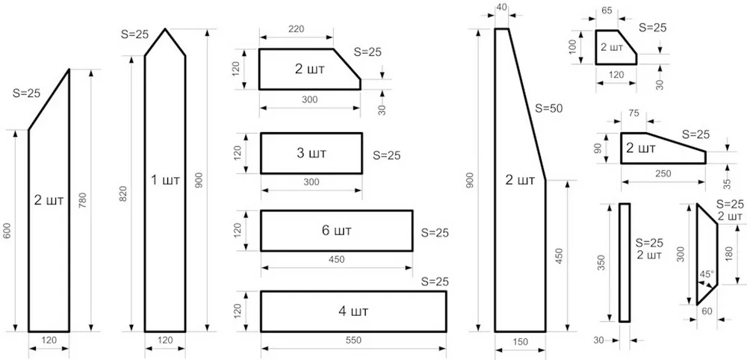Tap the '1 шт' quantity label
[165, 181]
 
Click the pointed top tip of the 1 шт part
[165, 29]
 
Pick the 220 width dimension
[296, 29]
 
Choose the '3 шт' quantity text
[311, 153]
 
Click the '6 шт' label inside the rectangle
[336, 231]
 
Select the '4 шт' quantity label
[353, 312]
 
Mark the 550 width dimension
[353, 340]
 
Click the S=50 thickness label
[548, 108]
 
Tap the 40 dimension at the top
[502, 7]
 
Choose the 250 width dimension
[663, 173]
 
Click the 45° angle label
[707, 274]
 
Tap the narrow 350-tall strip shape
[624, 263]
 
